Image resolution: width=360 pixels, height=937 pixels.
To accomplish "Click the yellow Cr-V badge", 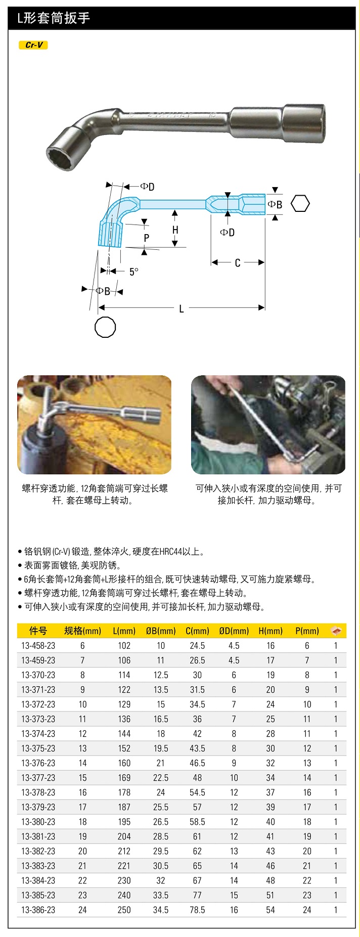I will [x=34, y=45].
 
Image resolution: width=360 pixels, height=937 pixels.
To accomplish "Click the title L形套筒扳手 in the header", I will [x=54, y=18].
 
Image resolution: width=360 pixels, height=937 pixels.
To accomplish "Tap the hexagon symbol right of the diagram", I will [x=300, y=203].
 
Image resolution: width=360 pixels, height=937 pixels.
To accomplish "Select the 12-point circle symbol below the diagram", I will [x=105, y=327].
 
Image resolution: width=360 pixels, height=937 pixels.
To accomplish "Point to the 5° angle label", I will [x=133, y=272].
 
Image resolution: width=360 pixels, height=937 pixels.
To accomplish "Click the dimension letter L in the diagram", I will [x=182, y=308].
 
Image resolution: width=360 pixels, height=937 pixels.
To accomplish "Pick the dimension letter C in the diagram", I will [x=237, y=263].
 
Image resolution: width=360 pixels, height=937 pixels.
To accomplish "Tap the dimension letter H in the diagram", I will [x=175, y=230].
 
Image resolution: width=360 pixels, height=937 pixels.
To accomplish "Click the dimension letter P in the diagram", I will [x=146, y=238].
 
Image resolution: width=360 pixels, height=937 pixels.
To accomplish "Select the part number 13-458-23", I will [x=38, y=646].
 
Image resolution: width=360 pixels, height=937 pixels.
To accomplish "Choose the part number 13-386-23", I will [x=38, y=910].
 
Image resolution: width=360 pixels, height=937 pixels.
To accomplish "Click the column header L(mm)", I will [x=124, y=631].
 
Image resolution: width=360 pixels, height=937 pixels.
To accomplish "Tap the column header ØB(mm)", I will [x=161, y=631].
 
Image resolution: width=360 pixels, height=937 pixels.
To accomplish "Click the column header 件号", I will [x=38, y=631].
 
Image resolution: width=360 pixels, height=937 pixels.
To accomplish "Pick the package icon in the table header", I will [x=336, y=631].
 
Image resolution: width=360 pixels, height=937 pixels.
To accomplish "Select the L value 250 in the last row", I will [x=124, y=910].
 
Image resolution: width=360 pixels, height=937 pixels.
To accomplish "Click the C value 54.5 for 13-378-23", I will [x=197, y=792].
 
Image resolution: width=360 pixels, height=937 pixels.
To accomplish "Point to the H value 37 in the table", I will [x=271, y=792].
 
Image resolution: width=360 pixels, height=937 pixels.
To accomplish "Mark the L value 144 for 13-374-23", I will [x=124, y=734].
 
